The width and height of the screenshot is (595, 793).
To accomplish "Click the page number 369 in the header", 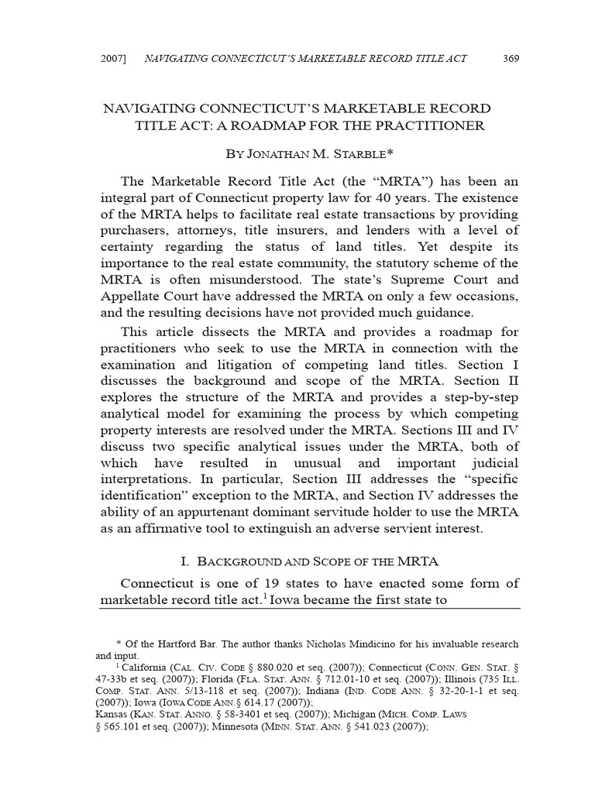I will pos(511,59).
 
